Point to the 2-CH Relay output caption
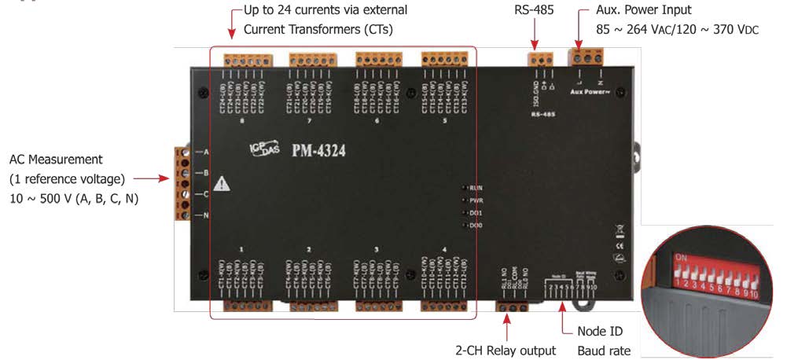pos(506,350)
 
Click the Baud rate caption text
pos(604,350)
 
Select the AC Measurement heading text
pos(56,160)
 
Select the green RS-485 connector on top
pos(540,59)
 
